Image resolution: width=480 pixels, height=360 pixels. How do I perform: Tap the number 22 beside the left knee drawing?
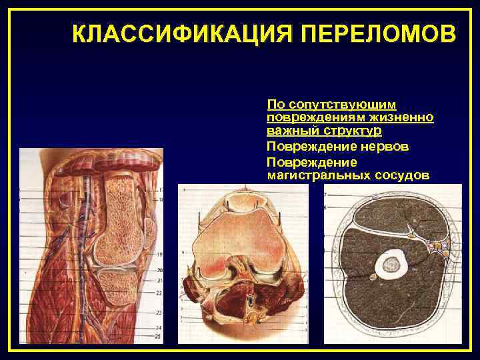159,293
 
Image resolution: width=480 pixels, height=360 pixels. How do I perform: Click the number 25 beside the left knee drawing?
159,337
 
